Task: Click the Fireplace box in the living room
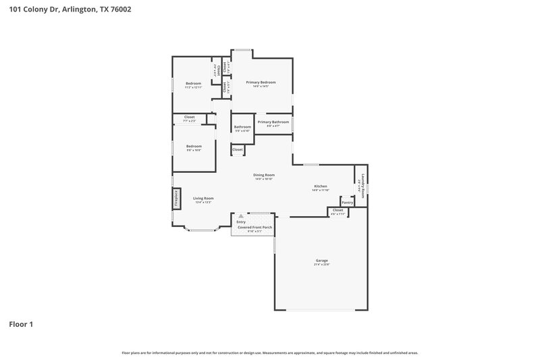click(x=175, y=199)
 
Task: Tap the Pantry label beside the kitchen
click(x=347, y=202)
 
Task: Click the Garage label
click(x=322, y=260)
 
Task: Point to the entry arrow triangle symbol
click(x=240, y=216)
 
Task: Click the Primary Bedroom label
click(x=261, y=82)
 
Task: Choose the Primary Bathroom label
click(x=273, y=122)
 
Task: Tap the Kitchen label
click(x=321, y=186)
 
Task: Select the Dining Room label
click(x=263, y=175)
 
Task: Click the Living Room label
click(x=203, y=199)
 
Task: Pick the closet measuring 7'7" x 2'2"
click(x=189, y=118)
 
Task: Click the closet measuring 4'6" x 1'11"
click(x=337, y=211)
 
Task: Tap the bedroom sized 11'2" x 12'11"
click(x=194, y=84)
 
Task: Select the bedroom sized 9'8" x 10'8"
click(x=194, y=147)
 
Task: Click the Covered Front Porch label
click(x=254, y=228)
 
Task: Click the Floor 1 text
click(x=21, y=324)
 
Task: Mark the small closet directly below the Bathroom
click(x=238, y=149)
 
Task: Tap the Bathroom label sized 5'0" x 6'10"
click(x=242, y=127)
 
